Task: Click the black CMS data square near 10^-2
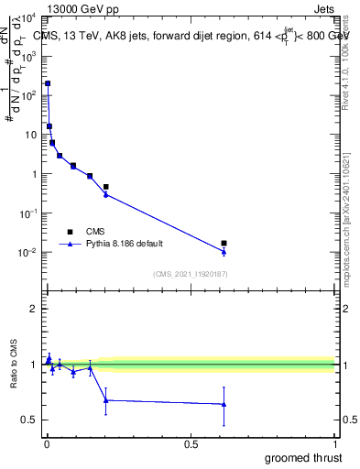pos(224,243)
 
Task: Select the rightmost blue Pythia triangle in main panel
pos(224,251)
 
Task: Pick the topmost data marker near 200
pos(48,83)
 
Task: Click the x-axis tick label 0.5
pos(190,444)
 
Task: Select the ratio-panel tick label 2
pos(33,309)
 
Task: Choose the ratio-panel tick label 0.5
pos(30,420)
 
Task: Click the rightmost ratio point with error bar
pos(224,404)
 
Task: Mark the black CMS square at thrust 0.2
pos(106,187)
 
